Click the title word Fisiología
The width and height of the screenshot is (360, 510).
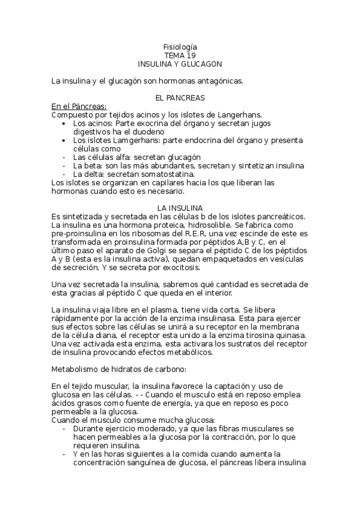180,46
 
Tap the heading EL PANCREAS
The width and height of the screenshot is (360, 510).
180,97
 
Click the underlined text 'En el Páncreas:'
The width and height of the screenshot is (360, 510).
79,106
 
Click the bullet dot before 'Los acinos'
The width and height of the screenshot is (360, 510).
65,123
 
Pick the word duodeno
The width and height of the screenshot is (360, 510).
147,131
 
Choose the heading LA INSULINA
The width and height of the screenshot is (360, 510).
180,207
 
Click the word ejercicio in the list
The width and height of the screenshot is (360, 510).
120,428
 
